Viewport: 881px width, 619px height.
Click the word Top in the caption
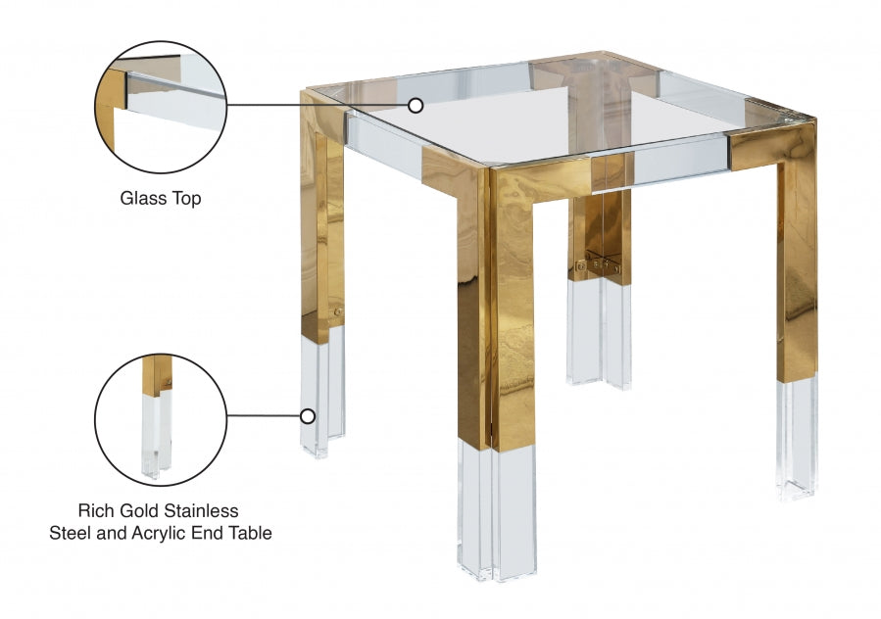[185, 199]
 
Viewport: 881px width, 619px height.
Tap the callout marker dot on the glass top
[416, 105]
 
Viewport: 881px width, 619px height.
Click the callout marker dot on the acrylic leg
[307, 415]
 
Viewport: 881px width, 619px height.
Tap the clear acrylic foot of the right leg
[797, 436]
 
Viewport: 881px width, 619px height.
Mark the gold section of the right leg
[797, 264]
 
